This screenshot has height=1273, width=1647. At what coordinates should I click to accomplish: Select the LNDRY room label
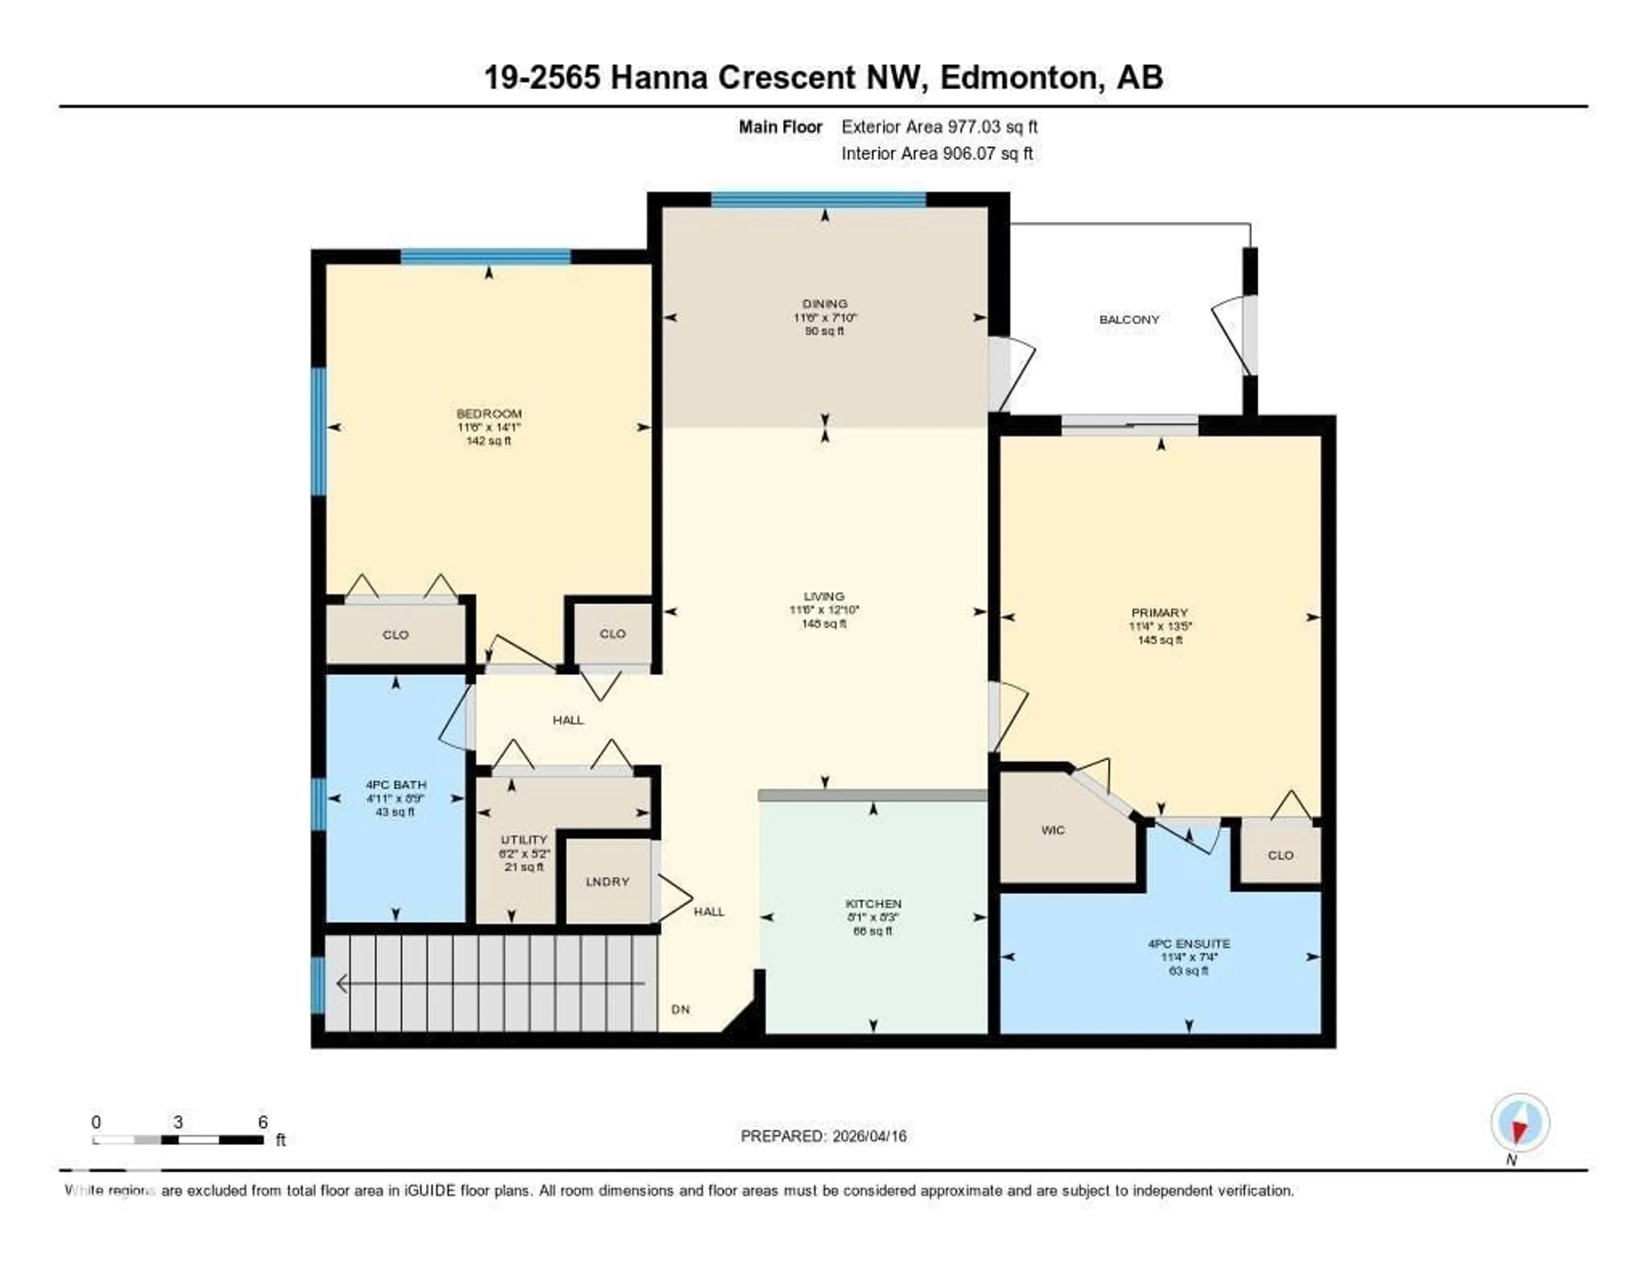[607, 882]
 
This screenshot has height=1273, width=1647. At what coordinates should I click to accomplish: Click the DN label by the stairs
[680, 1009]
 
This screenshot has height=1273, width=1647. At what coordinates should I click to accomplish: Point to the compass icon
[1520, 1122]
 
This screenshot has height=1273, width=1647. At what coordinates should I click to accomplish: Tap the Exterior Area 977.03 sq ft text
[939, 127]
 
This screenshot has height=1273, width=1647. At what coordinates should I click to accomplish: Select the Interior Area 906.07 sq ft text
[937, 153]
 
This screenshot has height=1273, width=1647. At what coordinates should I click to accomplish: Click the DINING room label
[825, 303]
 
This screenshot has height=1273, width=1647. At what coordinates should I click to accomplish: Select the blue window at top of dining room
[818, 199]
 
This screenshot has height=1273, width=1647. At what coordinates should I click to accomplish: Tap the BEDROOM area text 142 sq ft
[489, 441]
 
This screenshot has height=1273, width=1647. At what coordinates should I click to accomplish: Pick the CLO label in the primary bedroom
[1280, 855]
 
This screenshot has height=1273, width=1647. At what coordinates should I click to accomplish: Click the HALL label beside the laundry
[709, 912]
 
